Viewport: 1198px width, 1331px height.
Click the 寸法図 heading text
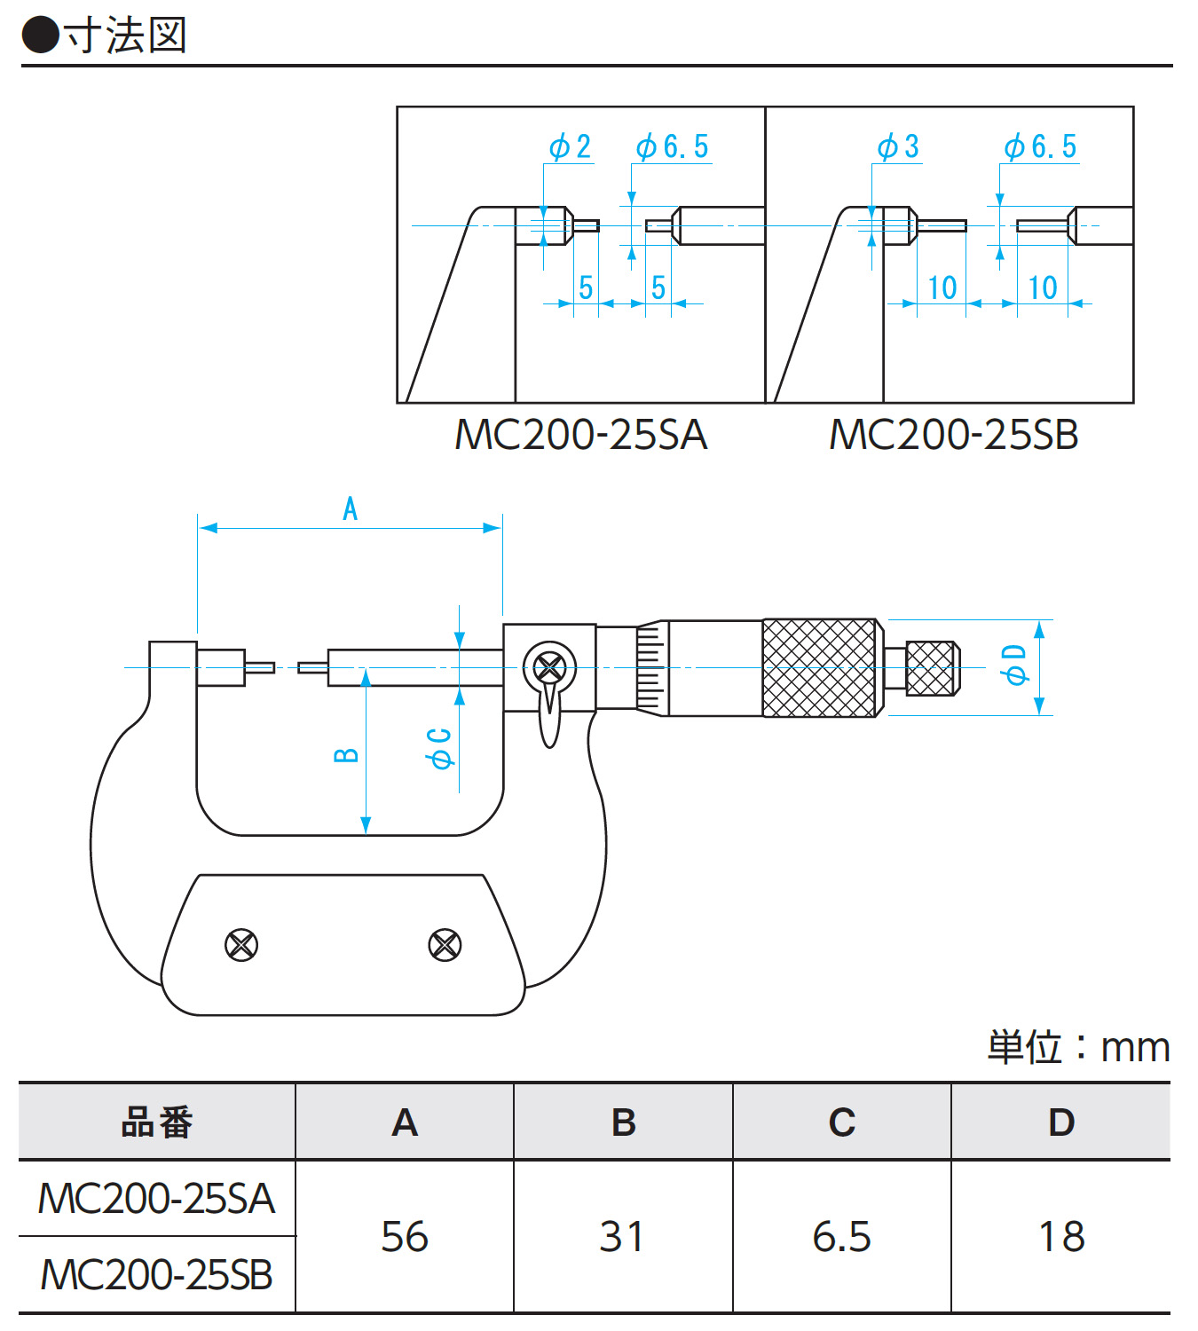124,35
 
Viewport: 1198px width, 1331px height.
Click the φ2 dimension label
570,146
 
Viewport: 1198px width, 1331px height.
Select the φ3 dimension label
898,146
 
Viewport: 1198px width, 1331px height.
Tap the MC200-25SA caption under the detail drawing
580,435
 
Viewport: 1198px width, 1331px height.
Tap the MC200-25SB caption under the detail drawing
953,435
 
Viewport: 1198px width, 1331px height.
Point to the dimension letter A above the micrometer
351,509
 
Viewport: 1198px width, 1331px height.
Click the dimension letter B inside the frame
346,755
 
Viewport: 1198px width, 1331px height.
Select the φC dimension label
439,748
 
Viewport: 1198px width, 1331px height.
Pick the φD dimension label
1013,665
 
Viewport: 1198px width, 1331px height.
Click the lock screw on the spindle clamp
549,667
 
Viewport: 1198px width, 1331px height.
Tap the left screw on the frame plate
241,945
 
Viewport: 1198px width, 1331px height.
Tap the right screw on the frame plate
444,945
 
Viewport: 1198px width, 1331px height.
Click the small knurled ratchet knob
932,668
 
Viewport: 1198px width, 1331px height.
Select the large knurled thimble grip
821,668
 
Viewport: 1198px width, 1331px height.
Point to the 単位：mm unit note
1078,1048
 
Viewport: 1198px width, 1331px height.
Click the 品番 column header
157,1122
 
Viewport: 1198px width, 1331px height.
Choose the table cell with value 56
405,1236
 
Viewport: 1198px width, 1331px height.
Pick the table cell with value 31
622,1236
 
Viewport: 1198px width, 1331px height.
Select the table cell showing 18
1061,1236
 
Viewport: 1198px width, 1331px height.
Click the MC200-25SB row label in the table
157,1275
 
